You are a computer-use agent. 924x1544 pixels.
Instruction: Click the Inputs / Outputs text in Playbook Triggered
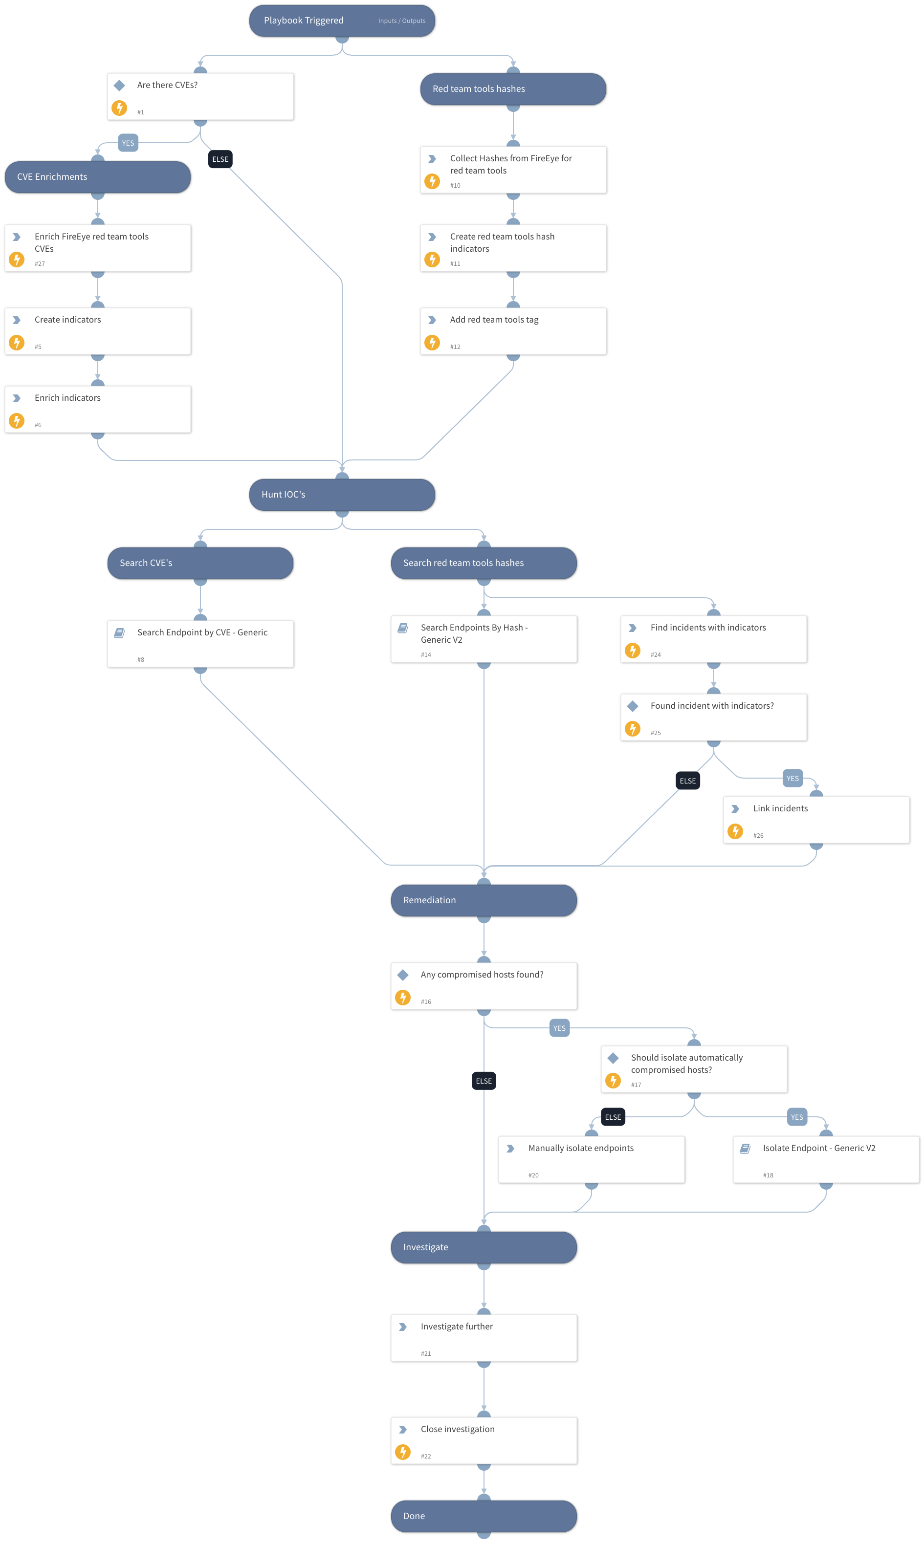tap(401, 21)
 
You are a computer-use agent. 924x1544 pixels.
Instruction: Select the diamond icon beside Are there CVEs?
tap(120, 85)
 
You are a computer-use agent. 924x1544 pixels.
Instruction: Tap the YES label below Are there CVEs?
tap(128, 143)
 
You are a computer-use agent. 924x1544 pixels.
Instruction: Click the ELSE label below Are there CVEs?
tap(220, 159)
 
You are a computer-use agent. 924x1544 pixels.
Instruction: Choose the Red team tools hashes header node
tap(512, 89)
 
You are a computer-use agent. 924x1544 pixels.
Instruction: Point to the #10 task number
tap(455, 185)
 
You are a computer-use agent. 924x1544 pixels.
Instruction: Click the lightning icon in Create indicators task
tap(17, 342)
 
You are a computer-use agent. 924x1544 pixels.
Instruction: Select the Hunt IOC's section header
tap(342, 495)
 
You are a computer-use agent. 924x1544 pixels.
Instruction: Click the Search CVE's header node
tap(200, 563)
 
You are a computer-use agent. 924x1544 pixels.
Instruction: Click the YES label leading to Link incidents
tap(792, 779)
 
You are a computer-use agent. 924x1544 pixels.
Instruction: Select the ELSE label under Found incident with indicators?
tap(687, 781)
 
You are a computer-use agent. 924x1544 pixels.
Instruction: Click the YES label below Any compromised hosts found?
tap(559, 1028)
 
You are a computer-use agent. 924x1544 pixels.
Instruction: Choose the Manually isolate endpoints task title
tap(580, 1148)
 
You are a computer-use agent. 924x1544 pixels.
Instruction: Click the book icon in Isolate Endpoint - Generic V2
tap(745, 1149)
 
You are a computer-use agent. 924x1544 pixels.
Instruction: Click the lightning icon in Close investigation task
tap(403, 1452)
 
